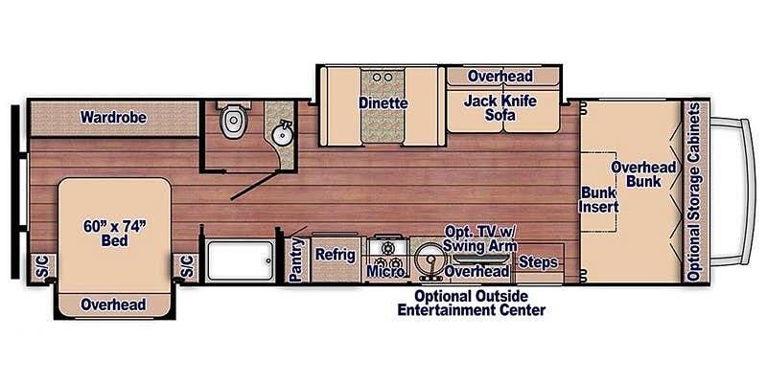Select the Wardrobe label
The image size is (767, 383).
[x=113, y=117]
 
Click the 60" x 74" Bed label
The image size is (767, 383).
[x=115, y=233]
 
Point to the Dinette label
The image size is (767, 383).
[x=383, y=103]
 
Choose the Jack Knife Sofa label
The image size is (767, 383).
[x=500, y=108]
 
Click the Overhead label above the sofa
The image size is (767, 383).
[x=500, y=77]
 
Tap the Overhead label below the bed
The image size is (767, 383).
[x=113, y=304]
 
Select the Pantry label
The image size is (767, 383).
[x=295, y=259]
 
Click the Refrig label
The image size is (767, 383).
[x=335, y=255]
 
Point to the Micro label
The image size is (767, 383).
[x=385, y=271]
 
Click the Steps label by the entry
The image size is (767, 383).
[x=538, y=262]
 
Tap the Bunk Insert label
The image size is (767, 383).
[x=598, y=199]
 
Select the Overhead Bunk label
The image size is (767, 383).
[x=643, y=174]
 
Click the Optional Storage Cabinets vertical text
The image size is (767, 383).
[x=692, y=192]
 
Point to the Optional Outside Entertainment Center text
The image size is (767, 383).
[x=472, y=303]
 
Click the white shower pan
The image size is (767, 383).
[x=240, y=260]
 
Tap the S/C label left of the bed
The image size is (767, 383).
[x=40, y=268]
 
